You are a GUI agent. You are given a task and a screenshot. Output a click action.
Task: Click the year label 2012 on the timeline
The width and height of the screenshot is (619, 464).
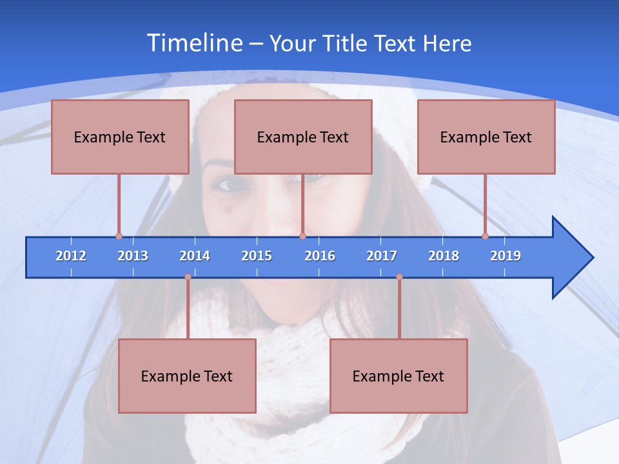click(71, 256)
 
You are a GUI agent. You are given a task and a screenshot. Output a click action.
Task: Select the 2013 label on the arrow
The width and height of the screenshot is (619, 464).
click(133, 256)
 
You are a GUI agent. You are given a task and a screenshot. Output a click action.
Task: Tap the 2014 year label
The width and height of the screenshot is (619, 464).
click(195, 256)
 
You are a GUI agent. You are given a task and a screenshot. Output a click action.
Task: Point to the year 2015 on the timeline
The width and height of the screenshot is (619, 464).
click(257, 256)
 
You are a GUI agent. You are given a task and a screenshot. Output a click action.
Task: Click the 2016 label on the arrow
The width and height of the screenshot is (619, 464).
click(320, 256)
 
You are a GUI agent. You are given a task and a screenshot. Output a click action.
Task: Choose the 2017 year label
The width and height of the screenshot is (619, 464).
click(382, 256)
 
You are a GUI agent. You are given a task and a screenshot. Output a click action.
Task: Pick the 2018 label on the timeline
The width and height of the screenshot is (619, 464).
click(444, 256)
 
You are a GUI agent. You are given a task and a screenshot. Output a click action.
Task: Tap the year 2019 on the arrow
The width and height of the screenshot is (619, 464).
click(506, 256)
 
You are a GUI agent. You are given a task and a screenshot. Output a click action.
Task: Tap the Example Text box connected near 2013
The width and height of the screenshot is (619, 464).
click(120, 137)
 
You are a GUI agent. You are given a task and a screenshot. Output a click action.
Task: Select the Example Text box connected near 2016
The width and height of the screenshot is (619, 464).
click(303, 137)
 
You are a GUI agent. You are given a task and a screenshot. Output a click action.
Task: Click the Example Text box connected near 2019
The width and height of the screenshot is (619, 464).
click(486, 137)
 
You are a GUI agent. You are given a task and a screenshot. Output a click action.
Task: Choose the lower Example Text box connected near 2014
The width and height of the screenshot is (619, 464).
click(187, 376)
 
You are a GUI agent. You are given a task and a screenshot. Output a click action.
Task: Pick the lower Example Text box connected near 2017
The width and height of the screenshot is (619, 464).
click(398, 376)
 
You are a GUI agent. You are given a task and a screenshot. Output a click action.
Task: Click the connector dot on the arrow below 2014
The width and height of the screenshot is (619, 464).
click(188, 277)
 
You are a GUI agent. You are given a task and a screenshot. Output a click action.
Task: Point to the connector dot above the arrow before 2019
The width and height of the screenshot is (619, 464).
click(485, 236)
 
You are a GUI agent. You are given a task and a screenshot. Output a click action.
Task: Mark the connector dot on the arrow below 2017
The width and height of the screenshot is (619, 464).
click(399, 277)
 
